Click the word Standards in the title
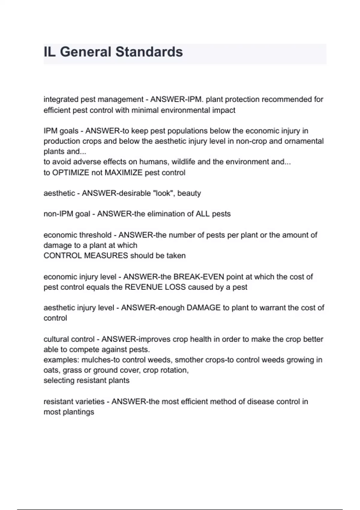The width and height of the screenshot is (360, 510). [149, 52]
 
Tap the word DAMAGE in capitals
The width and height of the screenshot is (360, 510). [203, 308]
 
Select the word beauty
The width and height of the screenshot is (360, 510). [189, 193]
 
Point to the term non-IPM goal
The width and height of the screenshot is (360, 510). [67, 214]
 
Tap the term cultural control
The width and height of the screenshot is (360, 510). [69, 339]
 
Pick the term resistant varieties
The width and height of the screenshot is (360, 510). [74, 402]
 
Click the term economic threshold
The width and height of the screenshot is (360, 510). [77, 235]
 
